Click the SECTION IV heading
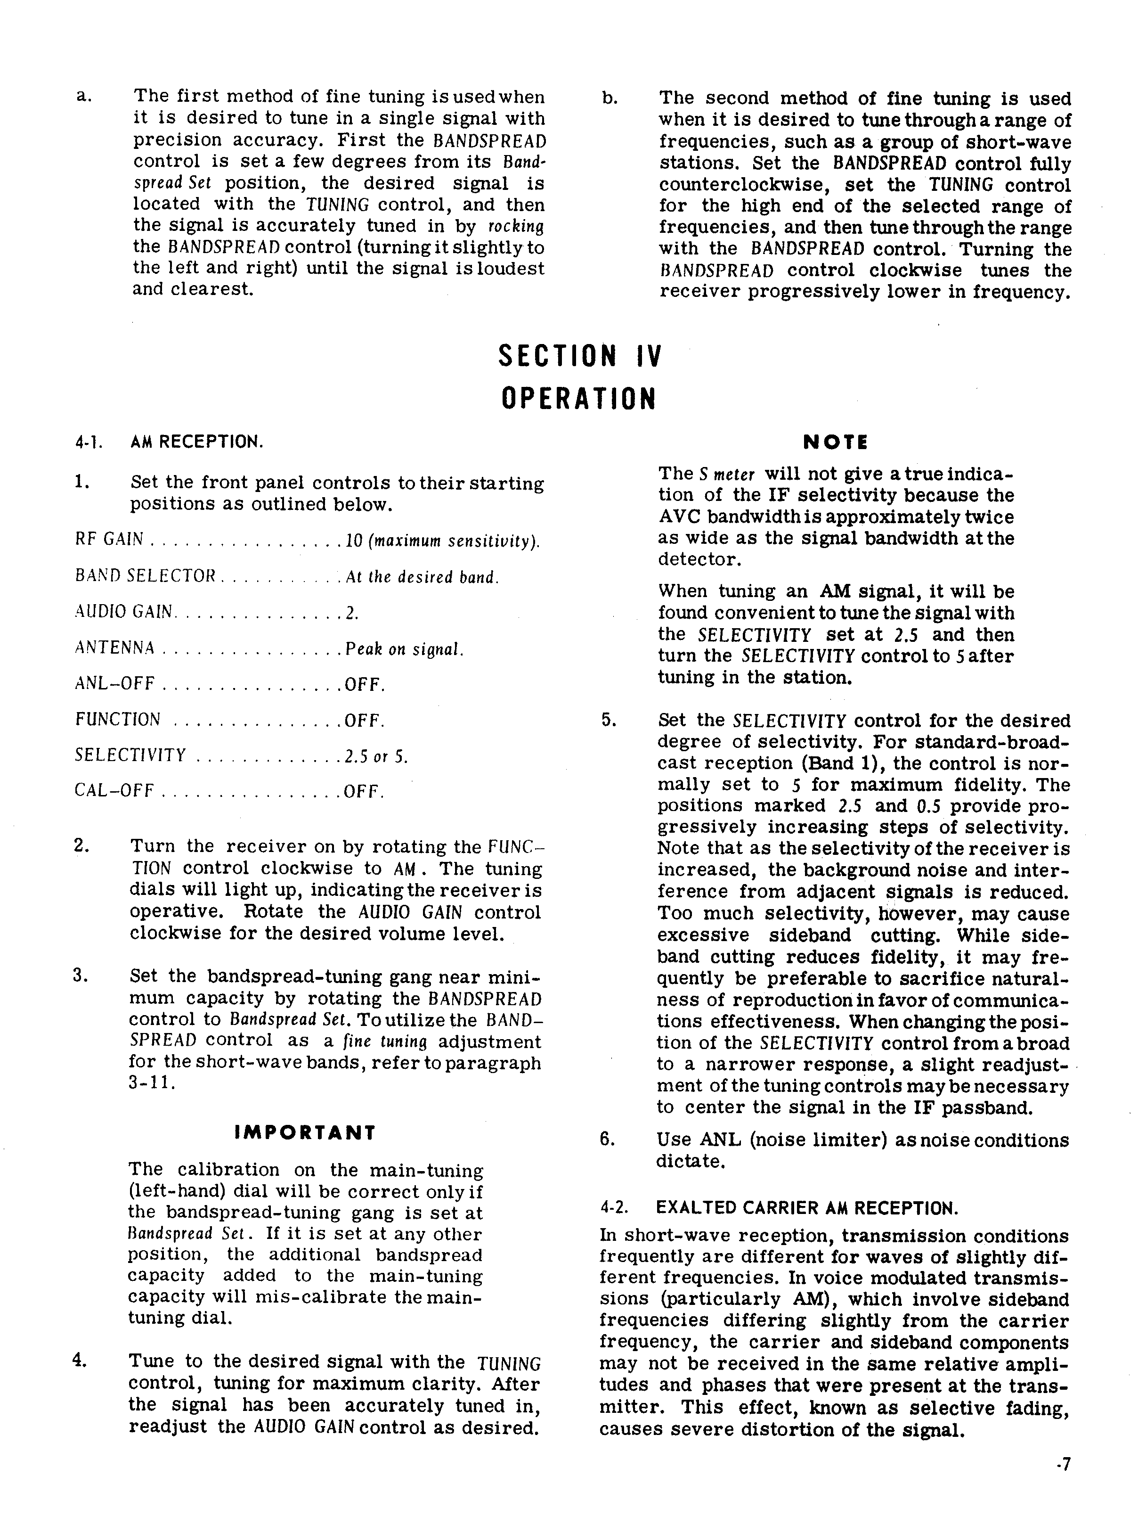pos(579,356)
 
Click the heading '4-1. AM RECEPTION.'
pos(169,442)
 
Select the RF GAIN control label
pos(109,540)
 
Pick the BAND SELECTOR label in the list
pos(146,576)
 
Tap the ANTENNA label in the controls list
pos(114,648)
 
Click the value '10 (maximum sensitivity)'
pos(441,541)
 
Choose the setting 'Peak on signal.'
pos(404,648)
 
